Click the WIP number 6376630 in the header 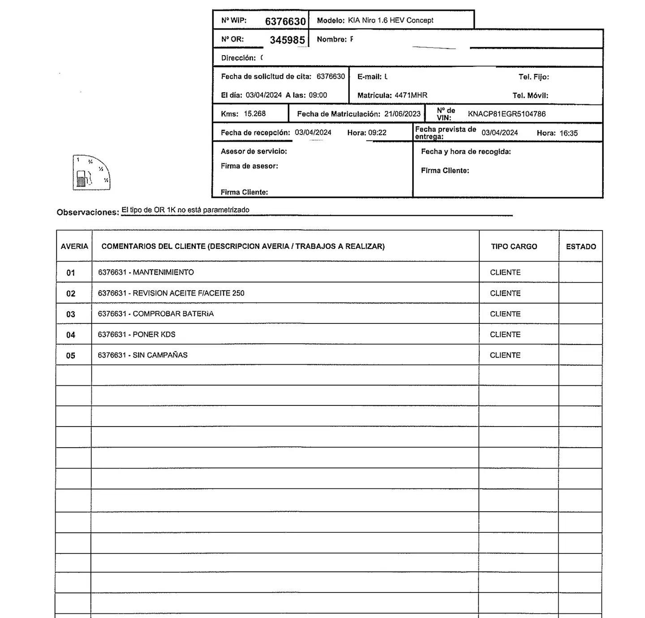click(285, 22)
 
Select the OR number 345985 click(287, 40)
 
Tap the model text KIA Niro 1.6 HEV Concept click(391, 20)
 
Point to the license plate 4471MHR click(411, 96)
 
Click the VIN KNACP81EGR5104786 click(507, 114)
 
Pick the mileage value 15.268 click(254, 114)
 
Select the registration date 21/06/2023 click(402, 114)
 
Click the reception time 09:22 click(377, 133)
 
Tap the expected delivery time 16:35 click(568, 133)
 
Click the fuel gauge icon click(91, 173)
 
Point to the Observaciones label click(88, 213)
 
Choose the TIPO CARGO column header click(514, 247)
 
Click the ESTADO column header click(581, 247)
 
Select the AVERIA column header click(74, 247)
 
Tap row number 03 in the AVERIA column click(71, 314)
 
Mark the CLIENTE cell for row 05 click(505, 355)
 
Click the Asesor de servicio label click(254, 152)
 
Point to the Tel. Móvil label click(530, 96)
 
